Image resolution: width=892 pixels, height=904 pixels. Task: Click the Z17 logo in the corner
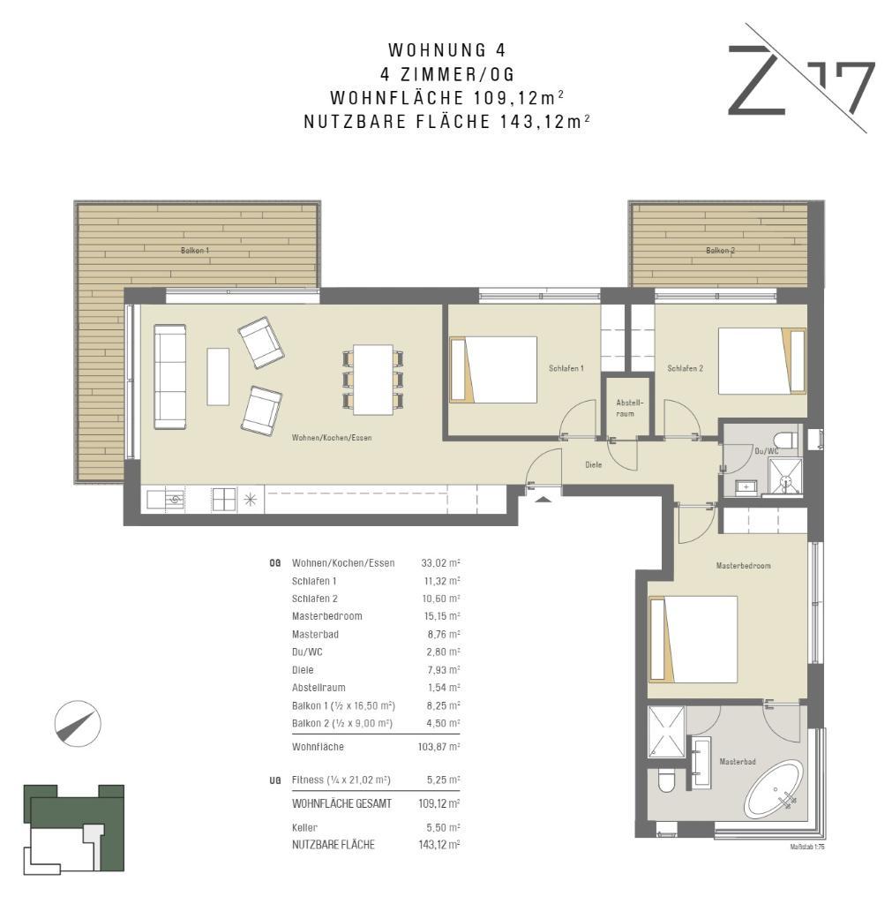tap(801, 79)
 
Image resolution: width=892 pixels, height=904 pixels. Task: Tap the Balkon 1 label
tap(195, 251)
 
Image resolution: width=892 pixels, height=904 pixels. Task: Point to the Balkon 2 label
tap(720, 251)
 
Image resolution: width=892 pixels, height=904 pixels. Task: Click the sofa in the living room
tap(170, 376)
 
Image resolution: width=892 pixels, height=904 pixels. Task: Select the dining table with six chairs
tap(373, 380)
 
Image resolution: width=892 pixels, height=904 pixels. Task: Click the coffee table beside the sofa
tap(218, 376)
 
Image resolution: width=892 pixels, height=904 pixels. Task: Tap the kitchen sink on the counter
tap(166, 500)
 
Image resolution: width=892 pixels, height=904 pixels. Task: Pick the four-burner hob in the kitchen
tap(224, 500)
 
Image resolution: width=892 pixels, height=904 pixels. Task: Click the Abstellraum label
tap(626, 408)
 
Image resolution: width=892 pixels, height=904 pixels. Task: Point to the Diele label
tap(594, 464)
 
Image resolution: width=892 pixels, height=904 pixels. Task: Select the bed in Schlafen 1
tap(493, 370)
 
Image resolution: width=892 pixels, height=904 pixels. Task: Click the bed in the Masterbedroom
tap(693, 639)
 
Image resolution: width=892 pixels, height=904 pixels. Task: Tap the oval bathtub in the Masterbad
tap(773, 789)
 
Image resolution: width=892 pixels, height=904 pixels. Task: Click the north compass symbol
tap(78, 724)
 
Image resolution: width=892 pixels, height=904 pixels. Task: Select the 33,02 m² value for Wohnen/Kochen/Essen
tap(441, 563)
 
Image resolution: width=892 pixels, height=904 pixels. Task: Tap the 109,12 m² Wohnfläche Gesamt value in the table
tap(439, 803)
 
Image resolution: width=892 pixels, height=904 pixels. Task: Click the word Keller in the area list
tap(304, 828)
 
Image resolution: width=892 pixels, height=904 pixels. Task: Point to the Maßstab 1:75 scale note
tap(808, 847)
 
